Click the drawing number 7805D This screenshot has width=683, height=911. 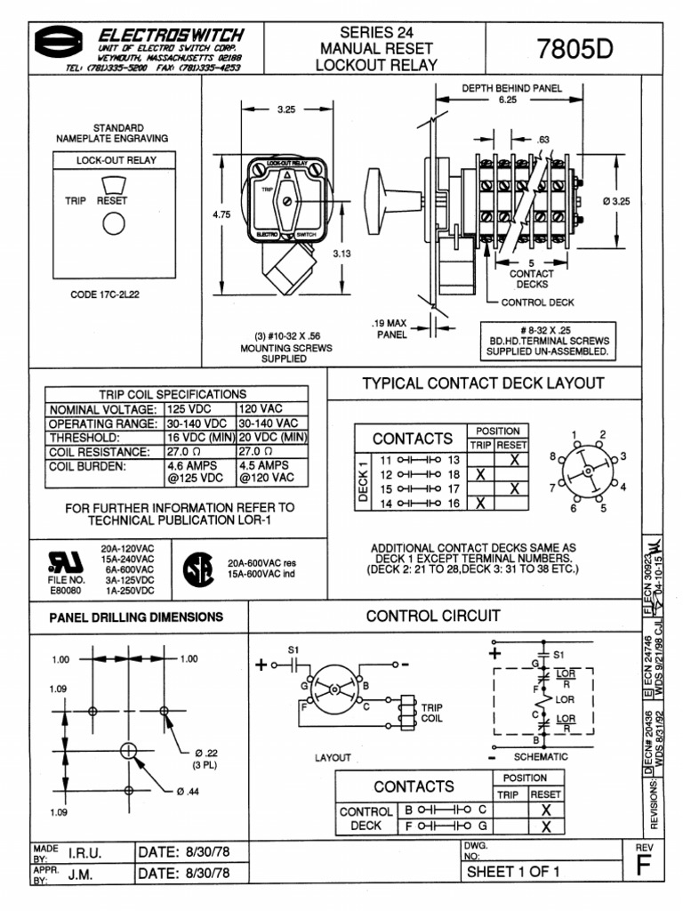click(x=575, y=49)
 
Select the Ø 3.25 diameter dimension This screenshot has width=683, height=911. click(x=615, y=201)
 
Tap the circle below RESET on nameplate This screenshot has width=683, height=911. click(x=112, y=225)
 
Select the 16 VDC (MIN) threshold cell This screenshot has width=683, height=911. click(x=200, y=439)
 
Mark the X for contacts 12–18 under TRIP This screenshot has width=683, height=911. click(x=480, y=474)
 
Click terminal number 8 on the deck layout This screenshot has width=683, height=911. click(x=551, y=455)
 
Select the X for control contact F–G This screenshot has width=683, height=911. click(x=546, y=826)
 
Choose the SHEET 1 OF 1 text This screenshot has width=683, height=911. click(x=513, y=871)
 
